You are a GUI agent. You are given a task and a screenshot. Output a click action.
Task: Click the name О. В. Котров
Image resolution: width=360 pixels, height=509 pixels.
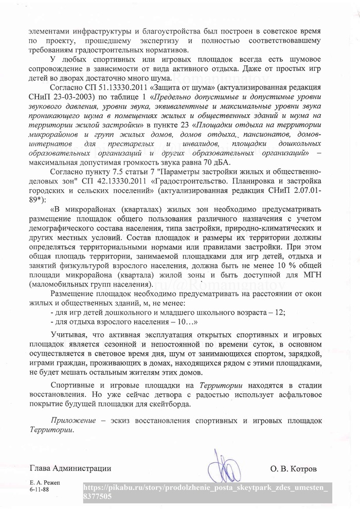(x=294, y=469)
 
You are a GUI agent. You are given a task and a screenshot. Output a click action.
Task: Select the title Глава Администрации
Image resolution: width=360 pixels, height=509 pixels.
(x=70, y=468)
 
